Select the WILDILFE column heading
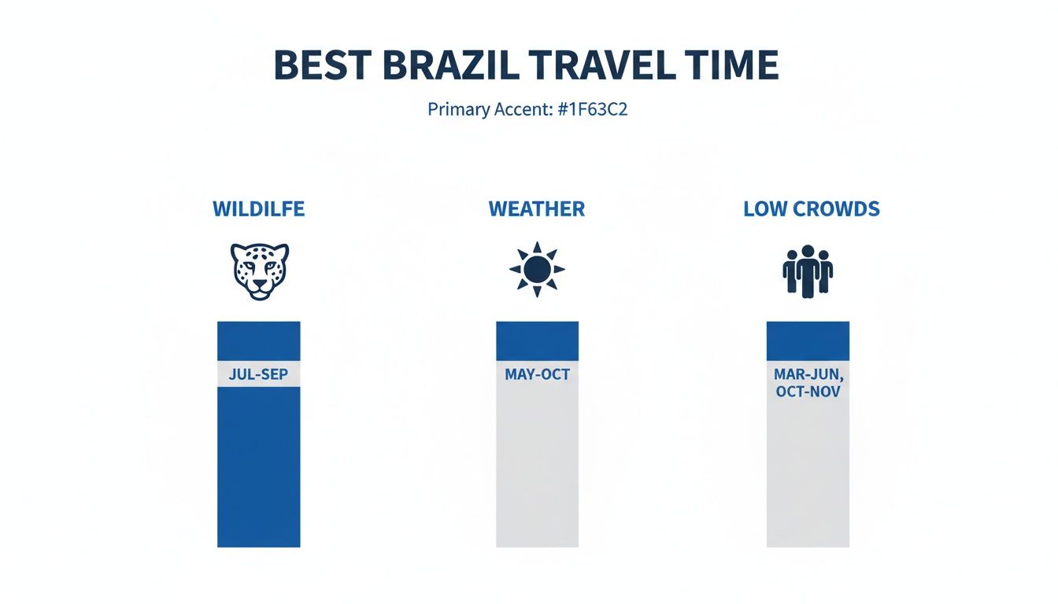tap(258, 209)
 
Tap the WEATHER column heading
tap(537, 209)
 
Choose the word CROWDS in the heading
tap(834, 209)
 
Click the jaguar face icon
tap(259, 271)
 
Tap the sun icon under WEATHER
tap(537, 270)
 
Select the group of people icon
tap(808, 271)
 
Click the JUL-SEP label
tap(258, 374)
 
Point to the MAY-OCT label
tap(537, 374)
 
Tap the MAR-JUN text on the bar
tap(808, 374)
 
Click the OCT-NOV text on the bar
tap(808, 391)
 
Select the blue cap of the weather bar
tap(537, 341)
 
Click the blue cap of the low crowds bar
tap(808, 341)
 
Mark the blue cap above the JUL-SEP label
tap(258, 341)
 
